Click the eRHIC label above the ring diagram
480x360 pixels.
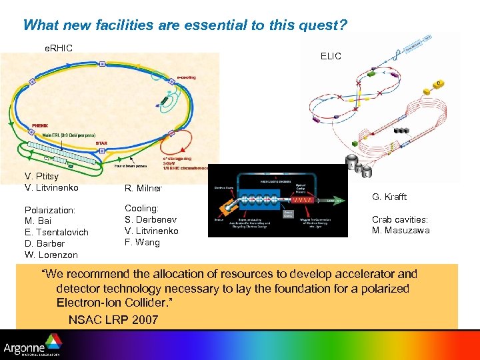pos(58,48)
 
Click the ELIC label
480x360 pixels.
pos(331,56)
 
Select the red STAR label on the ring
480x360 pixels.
pos(101,142)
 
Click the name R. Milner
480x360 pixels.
pos(143,188)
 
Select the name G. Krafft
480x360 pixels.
pos(389,197)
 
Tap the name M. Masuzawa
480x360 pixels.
pos(400,231)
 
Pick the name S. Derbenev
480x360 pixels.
pos(151,219)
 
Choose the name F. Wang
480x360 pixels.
pos(142,242)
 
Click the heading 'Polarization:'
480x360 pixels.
pos(49,210)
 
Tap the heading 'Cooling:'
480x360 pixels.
pos(141,208)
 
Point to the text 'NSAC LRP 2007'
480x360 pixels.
pos(113,320)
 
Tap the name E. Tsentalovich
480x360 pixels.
pos(56,232)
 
